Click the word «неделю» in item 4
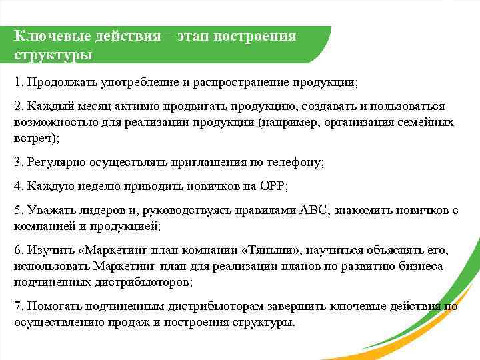click(89, 186)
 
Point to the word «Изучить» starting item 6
click(47, 250)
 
